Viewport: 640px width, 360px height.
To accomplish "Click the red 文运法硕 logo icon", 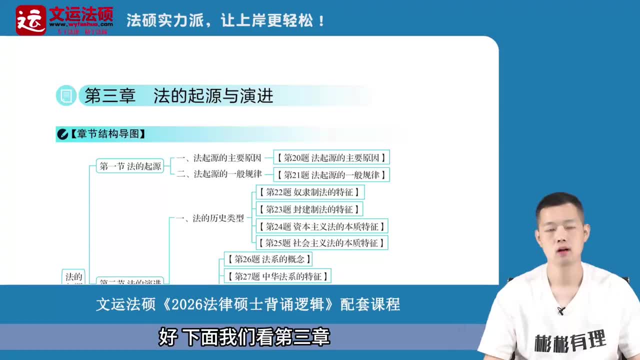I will click(30, 20).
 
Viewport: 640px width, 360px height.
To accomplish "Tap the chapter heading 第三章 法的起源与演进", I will click(178, 96).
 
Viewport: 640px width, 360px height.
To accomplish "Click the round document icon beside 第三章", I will click(66, 96).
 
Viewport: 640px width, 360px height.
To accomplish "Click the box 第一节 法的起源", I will click(130, 166).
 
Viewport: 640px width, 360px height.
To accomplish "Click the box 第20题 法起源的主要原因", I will click(331, 157).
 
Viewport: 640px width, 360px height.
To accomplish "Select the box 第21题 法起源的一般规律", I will click(331, 174).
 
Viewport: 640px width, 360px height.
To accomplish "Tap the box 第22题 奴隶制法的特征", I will click(310, 192).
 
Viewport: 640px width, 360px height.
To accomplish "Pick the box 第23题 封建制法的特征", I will click(309, 209).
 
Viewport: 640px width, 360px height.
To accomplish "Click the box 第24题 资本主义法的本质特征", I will click(321, 226).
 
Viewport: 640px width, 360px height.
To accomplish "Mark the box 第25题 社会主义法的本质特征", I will click(321, 243).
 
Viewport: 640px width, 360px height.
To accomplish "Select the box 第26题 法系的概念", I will click(268, 259).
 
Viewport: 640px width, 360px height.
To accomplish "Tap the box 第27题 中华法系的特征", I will click(277, 276).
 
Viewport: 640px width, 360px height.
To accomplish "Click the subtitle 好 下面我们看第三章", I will click(244, 337).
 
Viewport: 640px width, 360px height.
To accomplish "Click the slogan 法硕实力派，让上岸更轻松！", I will click(226, 21).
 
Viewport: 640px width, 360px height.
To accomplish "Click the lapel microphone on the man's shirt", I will click(561, 310).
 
